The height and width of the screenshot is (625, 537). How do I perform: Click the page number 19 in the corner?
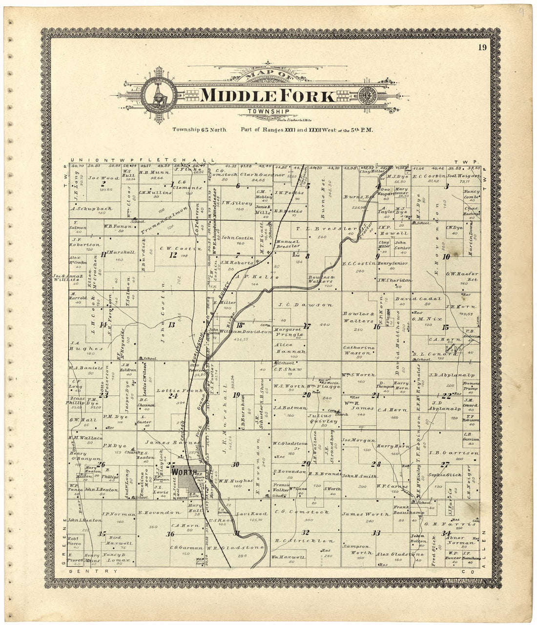point(482,47)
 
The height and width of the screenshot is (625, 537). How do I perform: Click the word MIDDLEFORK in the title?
point(268,95)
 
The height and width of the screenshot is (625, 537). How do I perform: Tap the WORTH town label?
point(183,473)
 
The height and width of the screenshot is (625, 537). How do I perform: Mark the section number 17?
point(307,326)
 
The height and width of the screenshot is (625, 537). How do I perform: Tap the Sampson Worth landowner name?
point(359,549)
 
